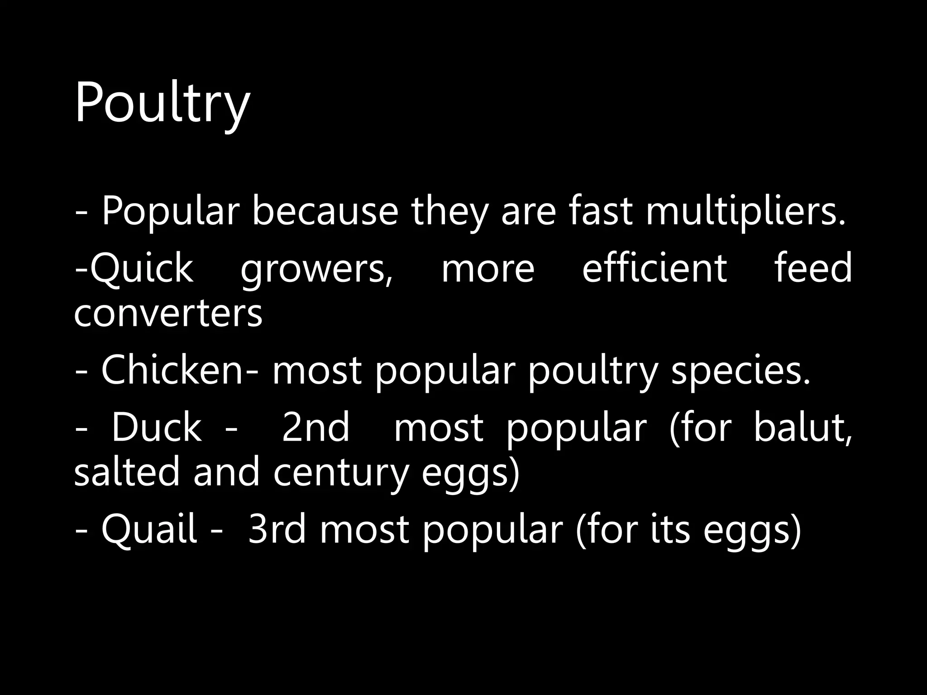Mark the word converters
(x=168, y=314)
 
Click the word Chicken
(x=172, y=371)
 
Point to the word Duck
(x=156, y=428)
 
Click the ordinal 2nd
(x=315, y=428)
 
